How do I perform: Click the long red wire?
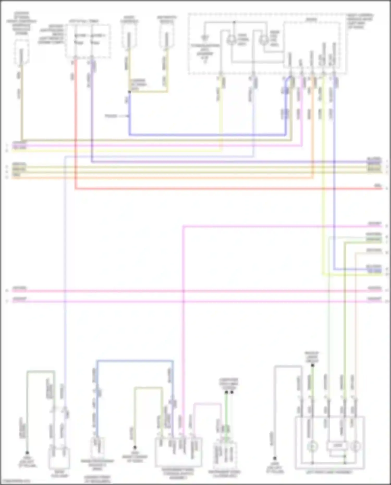(x=209, y=188)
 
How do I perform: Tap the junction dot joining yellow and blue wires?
(x=129, y=92)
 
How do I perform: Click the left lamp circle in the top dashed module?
(x=231, y=40)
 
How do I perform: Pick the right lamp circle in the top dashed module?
(x=264, y=40)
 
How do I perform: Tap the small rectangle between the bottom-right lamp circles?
(x=337, y=446)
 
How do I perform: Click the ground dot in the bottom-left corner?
(x=27, y=453)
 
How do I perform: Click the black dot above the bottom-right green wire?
(x=313, y=365)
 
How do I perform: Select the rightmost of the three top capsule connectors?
(x=166, y=40)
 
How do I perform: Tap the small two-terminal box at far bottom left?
(x=59, y=458)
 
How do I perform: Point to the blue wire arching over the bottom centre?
(x=134, y=361)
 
